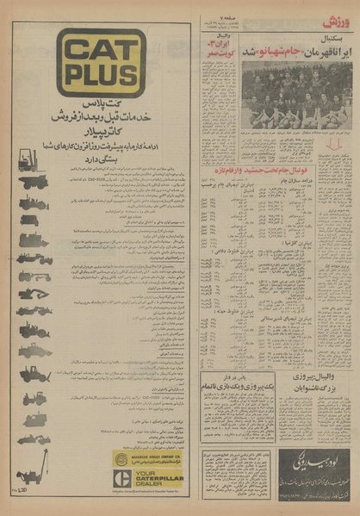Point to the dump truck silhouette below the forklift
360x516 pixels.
(x=34, y=182)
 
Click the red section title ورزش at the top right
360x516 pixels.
(x=337, y=21)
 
